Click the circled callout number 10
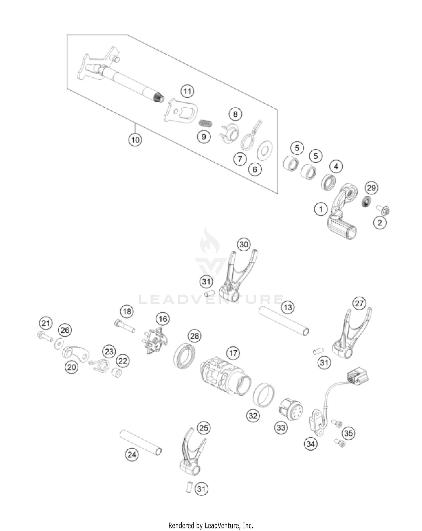pyautogui.click(x=135, y=140)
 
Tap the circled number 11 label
pyautogui.click(x=187, y=91)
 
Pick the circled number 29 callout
pyautogui.click(x=371, y=188)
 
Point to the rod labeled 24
pyautogui.click(x=141, y=442)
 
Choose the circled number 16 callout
pyautogui.click(x=163, y=319)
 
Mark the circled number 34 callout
pyautogui.click(x=311, y=444)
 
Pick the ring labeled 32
pyautogui.click(x=264, y=394)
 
